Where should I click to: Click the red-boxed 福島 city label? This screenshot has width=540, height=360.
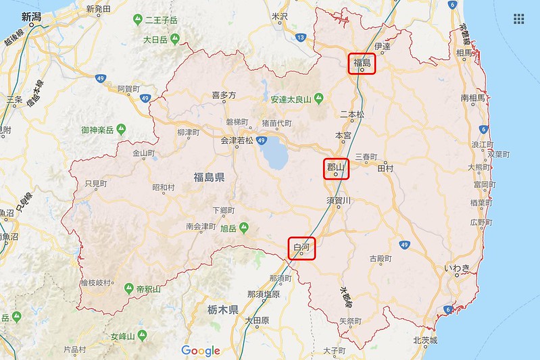362,63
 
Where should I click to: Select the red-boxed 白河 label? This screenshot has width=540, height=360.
301,248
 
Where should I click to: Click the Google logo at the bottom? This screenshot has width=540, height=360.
201,351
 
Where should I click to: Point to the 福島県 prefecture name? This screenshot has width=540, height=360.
209,178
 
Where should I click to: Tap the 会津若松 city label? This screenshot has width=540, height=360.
237,140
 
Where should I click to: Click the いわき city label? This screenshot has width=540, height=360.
457,268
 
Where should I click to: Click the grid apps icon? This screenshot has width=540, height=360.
519,19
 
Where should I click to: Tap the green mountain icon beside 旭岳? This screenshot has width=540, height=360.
243,226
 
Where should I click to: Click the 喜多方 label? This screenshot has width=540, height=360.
224,96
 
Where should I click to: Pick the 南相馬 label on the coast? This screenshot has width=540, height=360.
473,98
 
